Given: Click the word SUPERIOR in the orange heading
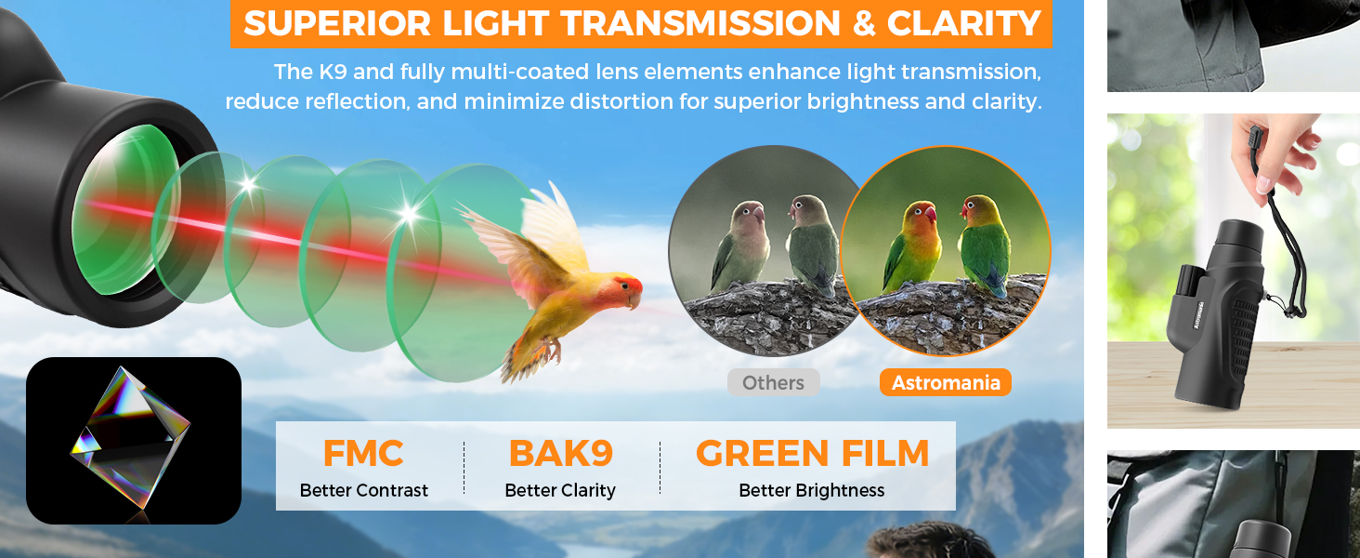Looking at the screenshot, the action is click(337, 23).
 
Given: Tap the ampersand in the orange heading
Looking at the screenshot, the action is click(863, 23).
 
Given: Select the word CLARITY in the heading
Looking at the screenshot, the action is click(964, 23).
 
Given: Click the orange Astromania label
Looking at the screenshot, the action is click(946, 382).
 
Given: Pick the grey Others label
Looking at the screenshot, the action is click(774, 382).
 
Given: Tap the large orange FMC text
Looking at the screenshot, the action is click(363, 454).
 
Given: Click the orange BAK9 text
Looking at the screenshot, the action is click(560, 454).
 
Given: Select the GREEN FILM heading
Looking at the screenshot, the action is click(812, 454).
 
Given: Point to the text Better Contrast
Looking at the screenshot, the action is click(363, 490).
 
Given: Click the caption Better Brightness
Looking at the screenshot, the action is click(812, 490).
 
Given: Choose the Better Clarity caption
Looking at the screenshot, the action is click(560, 490).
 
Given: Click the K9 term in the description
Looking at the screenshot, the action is click(333, 72).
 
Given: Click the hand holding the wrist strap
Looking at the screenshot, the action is click(1278, 152).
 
